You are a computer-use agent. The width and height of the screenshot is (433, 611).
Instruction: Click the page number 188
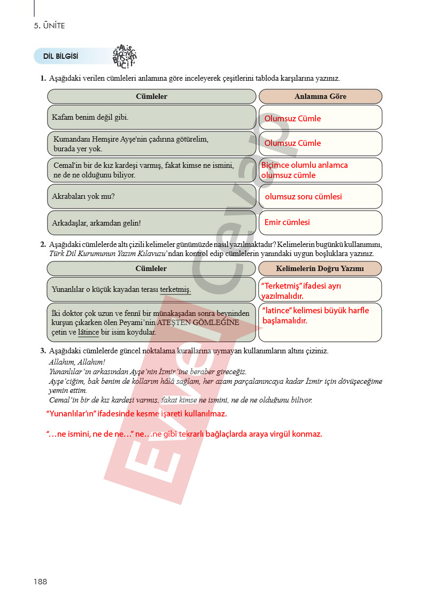[x=40, y=582]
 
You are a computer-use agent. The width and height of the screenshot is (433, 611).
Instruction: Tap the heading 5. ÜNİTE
[x=49, y=26]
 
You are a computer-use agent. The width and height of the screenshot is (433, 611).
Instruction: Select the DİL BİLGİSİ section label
[x=60, y=56]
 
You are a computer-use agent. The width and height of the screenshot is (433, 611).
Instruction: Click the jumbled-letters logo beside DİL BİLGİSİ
[x=125, y=56]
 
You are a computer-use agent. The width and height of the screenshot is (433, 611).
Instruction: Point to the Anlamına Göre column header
[x=320, y=96]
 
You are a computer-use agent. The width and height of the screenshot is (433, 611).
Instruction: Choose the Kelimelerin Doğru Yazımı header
[x=320, y=268]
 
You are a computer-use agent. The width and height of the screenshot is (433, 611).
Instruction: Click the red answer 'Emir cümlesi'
[x=287, y=222]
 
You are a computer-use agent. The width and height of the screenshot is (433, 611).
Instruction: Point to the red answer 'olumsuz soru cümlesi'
[x=303, y=197]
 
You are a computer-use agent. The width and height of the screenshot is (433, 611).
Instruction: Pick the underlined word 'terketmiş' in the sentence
[x=175, y=290]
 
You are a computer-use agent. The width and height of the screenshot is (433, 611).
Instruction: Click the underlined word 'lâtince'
[x=88, y=332]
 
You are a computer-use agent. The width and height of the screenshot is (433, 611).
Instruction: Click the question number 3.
[x=43, y=351]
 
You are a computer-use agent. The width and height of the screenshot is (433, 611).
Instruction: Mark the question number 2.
[x=43, y=245]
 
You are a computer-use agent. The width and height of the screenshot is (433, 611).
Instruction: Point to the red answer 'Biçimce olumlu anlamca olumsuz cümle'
[x=304, y=170]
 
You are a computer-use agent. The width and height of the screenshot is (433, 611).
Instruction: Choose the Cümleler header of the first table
[x=151, y=96]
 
